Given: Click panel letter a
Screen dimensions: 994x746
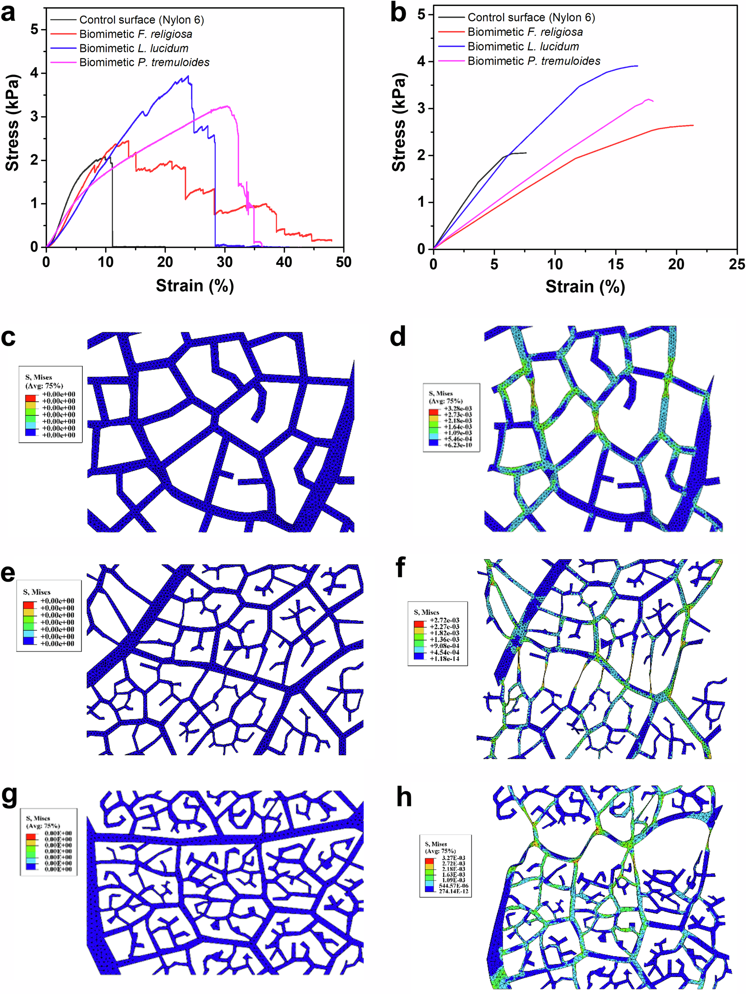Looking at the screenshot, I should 8,14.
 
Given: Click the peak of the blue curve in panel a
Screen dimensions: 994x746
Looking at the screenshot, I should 188,76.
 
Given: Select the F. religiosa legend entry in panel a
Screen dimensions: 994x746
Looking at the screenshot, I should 135,34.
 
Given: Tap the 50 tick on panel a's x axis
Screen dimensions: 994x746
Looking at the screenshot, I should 343,262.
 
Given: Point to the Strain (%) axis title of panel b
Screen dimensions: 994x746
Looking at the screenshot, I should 585,286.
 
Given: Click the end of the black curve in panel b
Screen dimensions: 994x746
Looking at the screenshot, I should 526,153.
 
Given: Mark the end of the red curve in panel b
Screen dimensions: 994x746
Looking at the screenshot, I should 693,125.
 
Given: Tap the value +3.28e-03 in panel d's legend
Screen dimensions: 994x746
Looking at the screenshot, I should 458,408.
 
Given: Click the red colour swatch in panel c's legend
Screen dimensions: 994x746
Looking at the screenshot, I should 30,398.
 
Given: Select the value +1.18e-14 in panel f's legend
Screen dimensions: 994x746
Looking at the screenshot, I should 444,659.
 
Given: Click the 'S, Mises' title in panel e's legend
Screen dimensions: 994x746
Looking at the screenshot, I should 37,592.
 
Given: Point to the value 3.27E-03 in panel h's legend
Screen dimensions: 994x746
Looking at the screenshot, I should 453,858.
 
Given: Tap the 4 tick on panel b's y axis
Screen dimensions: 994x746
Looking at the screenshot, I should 421,62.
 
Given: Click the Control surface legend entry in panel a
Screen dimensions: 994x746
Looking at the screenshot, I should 141,20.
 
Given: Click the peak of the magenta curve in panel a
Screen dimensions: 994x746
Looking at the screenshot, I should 227,106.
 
